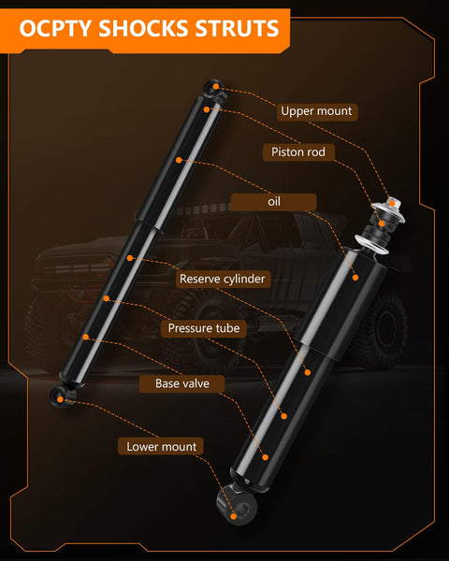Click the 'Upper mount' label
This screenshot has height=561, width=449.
pos(317,111)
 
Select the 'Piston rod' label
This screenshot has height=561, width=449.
pos(298,152)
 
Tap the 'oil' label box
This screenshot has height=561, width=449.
pos(273,202)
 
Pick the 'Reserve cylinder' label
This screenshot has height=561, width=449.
pos(223,279)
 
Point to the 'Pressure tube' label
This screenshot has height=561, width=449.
pos(204,328)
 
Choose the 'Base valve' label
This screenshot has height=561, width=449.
pos(181,383)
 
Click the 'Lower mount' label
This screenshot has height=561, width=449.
pos(161,447)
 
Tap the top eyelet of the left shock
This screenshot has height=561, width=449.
pos(214,89)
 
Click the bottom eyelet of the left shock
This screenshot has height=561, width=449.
pos(63,398)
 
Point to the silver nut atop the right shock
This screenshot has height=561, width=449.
pos(392,203)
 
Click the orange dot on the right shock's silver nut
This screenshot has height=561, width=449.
pos(392,203)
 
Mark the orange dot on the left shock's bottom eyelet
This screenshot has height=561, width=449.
pos(60,399)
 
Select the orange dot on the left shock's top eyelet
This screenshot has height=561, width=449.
pos(215,86)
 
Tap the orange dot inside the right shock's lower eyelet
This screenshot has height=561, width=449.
pos(234,516)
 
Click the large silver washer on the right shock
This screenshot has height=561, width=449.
pos(371,244)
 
